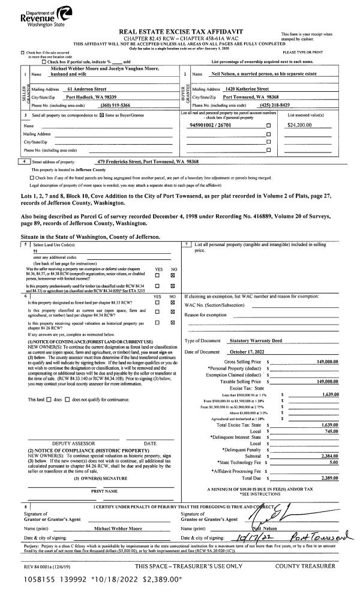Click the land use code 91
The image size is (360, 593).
pos(35,251)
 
